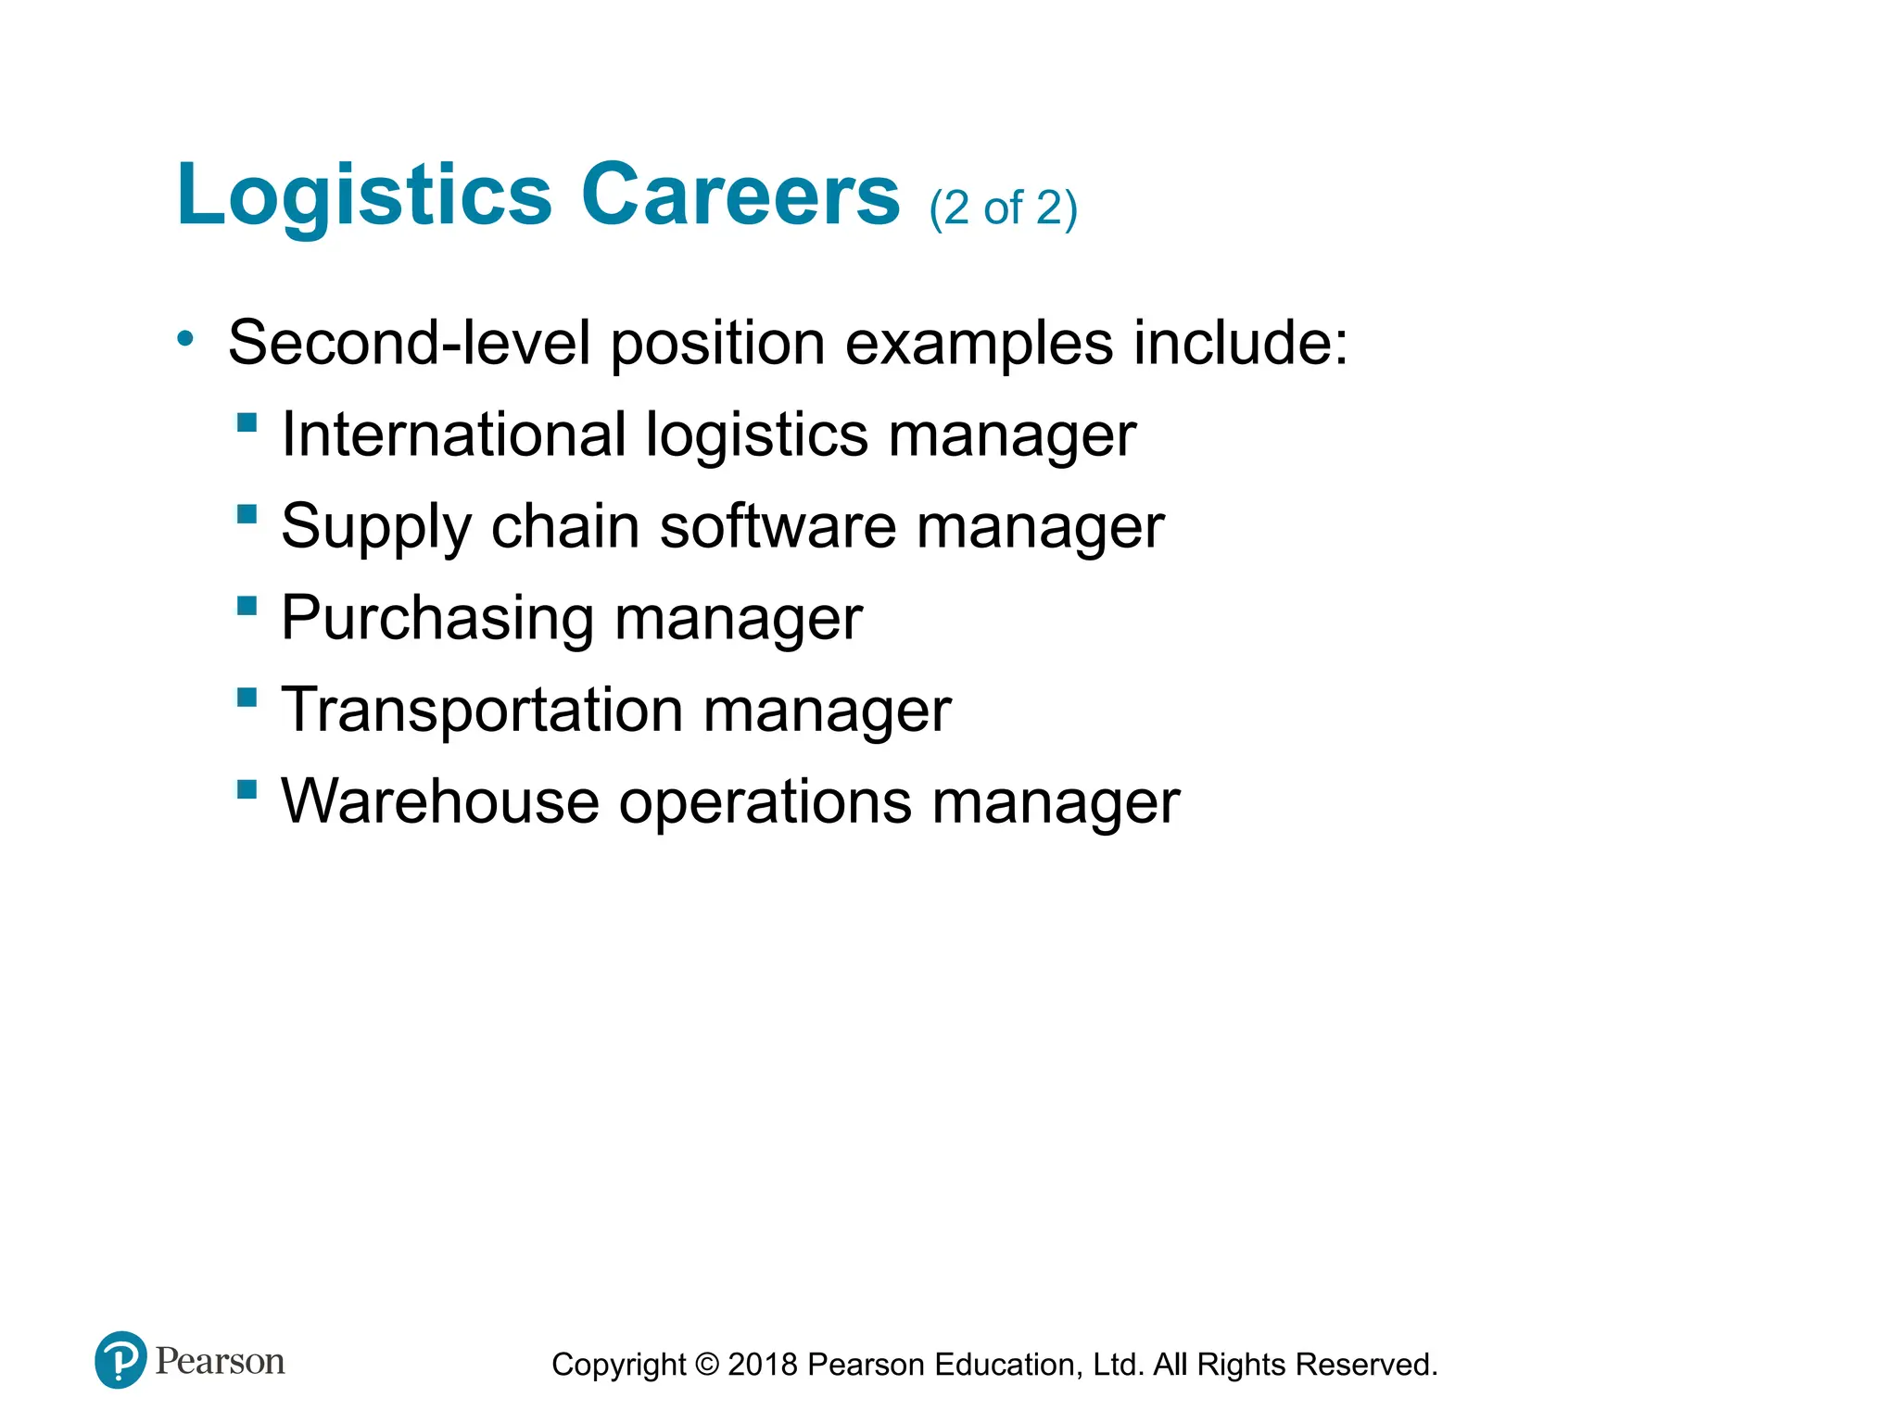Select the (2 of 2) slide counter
pyautogui.click(x=1003, y=208)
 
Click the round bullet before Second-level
pyautogui.click(x=186, y=339)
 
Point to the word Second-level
pyautogui.click(x=409, y=343)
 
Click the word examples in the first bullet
pyautogui.click(x=979, y=345)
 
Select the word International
pyautogui.click(x=453, y=434)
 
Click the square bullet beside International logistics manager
pyautogui.click(x=247, y=423)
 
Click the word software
pyautogui.click(x=778, y=526)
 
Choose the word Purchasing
pyautogui.click(x=437, y=619)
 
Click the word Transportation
pyautogui.click(x=482, y=710)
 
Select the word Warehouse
pyautogui.click(x=440, y=800)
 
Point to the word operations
pyautogui.click(x=766, y=802)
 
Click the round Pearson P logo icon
pyautogui.click(x=120, y=1360)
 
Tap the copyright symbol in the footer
pyautogui.click(x=707, y=1365)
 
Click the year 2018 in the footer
pyautogui.click(x=763, y=1365)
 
